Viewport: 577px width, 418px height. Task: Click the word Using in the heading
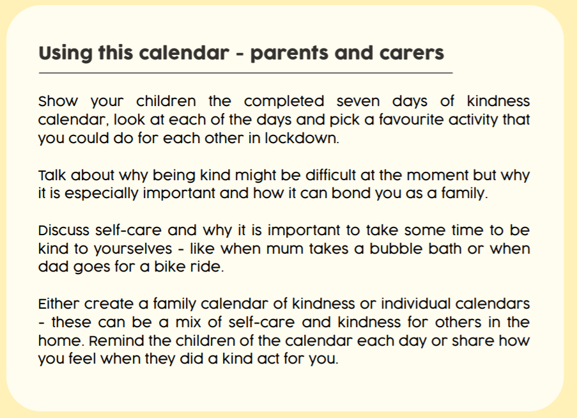[x=65, y=53]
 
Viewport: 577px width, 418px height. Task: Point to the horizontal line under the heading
[x=245, y=74]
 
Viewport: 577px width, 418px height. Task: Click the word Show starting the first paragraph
[x=58, y=101]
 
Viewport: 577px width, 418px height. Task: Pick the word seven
[x=358, y=101]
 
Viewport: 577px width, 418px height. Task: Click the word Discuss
[x=64, y=230]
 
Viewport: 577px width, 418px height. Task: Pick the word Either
[x=59, y=304]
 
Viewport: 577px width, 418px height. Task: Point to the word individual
[x=415, y=304]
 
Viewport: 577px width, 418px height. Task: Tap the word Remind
[x=116, y=341]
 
